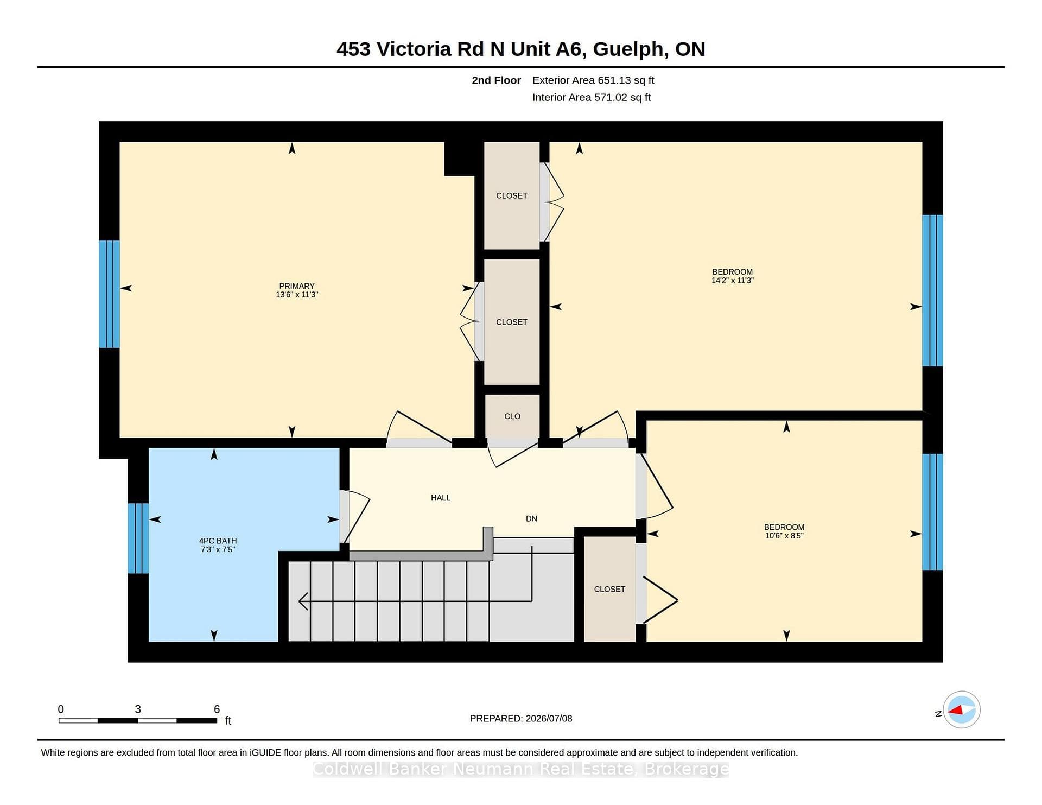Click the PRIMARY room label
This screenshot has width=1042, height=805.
(x=296, y=286)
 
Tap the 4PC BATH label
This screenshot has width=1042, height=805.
(x=218, y=541)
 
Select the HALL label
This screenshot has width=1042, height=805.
(x=441, y=498)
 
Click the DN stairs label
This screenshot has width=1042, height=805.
(x=531, y=518)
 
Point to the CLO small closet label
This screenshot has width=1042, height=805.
(x=512, y=416)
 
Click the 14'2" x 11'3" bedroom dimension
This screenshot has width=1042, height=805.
(x=733, y=281)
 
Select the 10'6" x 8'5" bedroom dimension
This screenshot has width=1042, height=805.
(x=784, y=536)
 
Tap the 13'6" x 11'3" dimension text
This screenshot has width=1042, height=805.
(x=297, y=295)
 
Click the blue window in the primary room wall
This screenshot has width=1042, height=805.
(x=109, y=294)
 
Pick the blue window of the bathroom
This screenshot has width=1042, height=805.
(x=138, y=538)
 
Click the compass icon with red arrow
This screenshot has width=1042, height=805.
(x=961, y=709)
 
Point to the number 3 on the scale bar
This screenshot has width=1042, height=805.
(x=138, y=709)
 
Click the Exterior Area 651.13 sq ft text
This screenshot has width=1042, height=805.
(x=593, y=80)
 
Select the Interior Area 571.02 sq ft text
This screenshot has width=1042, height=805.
(x=591, y=97)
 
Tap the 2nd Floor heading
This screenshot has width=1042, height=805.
(x=496, y=80)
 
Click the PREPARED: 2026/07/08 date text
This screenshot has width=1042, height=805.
(x=521, y=718)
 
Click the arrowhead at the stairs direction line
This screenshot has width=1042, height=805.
(x=303, y=601)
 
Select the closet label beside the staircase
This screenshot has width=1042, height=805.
(x=609, y=589)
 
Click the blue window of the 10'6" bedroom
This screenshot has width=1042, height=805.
(x=933, y=512)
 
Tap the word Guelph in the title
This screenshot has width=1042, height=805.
(x=628, y=49)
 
